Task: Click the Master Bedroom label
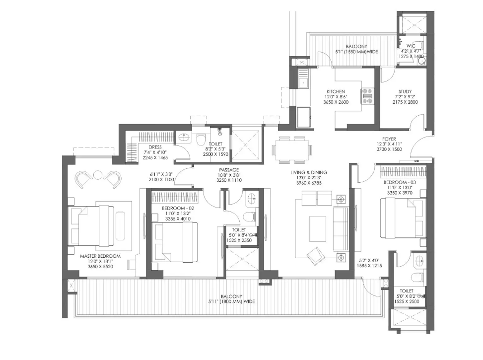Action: [x=100, y=256]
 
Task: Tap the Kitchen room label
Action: [x=336, y=91]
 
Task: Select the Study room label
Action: [x=405, y=91]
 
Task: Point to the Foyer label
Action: [x=389, y=139]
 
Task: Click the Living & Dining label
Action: [x=309, y=172]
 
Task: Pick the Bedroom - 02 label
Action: [x=178, y=209]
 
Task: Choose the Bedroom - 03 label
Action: [x=400, y=182]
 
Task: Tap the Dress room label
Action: [x=155, y=147]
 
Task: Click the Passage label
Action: [x=229, y=170]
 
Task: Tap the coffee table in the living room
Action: [x=318, y=229]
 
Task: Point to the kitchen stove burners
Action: [x=367, y=96]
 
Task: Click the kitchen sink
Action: [x=304, y=82]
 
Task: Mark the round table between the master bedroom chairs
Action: [x=98, y=175]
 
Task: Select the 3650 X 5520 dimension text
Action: [x=100, y=267]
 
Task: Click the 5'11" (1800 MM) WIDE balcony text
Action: [x=231, y=301]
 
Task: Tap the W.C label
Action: [x=411, y=46]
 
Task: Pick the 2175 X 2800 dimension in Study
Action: [x=405, y=102]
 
